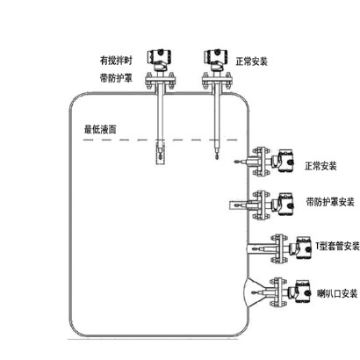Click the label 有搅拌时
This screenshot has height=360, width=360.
click(x=116, y=61)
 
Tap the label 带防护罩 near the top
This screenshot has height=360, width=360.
click(x=116, y=78)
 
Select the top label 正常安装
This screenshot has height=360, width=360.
click(x=252, y=61)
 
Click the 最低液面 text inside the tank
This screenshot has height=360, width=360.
click(x=100, y=129)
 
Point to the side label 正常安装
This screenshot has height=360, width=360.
click(x=320, y=166)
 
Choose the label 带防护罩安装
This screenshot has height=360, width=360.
click(x=330, y=202)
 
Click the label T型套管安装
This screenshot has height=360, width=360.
click(x=337, y=246)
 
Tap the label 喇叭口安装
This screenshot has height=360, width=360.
click(x=337, y=293)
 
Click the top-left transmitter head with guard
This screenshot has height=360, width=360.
click(x=159, y=58)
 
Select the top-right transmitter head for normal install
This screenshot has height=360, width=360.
click(x=216, y=58)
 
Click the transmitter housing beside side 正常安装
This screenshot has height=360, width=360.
click(x=283, y=161)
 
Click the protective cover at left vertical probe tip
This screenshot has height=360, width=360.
click(x=160, y=153)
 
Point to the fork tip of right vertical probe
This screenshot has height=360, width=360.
click(x=216, y=155)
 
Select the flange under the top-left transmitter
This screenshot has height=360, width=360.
click(x=161, y=80)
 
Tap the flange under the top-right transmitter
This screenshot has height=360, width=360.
click(x=217, y=80)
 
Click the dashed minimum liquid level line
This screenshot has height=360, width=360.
click(x=161, y=140)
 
